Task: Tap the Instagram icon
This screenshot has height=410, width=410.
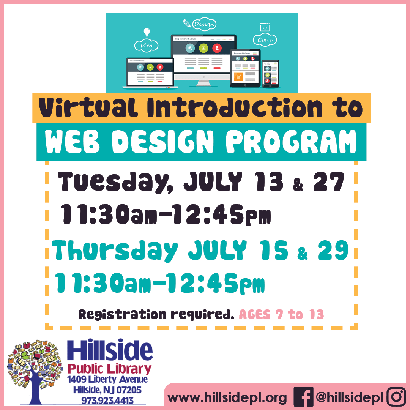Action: point(396,397)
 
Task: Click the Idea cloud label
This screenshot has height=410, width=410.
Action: point(147,46)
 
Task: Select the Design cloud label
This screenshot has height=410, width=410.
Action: point(204,24)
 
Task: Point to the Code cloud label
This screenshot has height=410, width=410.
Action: point(265,39)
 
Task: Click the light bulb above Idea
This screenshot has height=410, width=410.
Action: point(147,32)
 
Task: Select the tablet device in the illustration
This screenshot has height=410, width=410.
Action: point(245,68)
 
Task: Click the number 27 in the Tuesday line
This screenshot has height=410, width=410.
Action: point(329,182)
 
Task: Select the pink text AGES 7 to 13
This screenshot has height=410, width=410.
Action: point(281,315)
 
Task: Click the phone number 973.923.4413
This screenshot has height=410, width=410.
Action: point(107,401)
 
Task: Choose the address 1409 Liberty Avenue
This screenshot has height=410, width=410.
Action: point(107,380)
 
